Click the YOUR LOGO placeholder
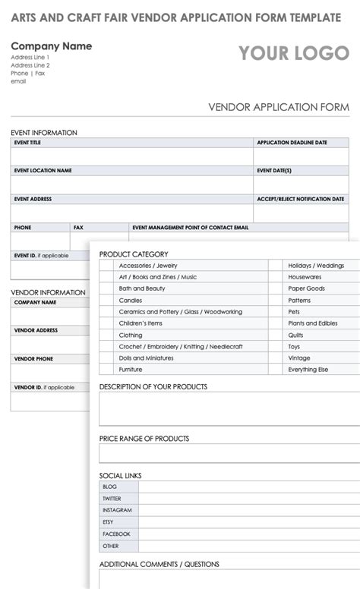[294, 53]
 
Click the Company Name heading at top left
[51, 46]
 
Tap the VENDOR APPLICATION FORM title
[279, 107]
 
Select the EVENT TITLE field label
[27, 143]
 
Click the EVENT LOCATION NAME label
[43, 171]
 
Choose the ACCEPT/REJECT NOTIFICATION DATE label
[301, 199]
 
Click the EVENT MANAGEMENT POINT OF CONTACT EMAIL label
[190, 227]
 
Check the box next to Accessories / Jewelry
[106, 266]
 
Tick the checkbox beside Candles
[106, 301]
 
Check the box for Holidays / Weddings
[276, 266]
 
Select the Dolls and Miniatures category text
[146, 358]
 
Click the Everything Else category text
[308, 370]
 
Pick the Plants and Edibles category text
[313, 323]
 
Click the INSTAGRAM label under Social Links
[117, 510]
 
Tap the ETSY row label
[109, 522]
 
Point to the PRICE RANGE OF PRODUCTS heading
[144, 439]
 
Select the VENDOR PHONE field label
[33, 358]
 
